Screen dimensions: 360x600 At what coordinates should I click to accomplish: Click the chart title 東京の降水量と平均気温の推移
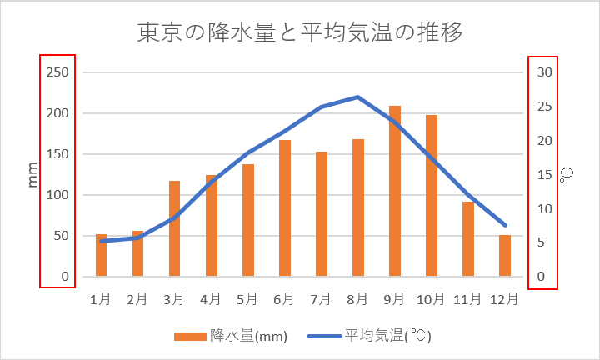click(300, 33)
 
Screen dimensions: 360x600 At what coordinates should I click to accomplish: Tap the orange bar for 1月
click(102, 256)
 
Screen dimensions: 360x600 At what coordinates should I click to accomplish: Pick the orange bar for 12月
click(505, 256)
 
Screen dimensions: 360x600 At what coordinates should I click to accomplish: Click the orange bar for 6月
click(285, 208)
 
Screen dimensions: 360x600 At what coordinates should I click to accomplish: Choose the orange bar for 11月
click(468, 239)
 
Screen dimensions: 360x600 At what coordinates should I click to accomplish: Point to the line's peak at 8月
click(357, 97)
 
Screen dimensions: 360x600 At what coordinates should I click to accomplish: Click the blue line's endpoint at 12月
click(505, 225)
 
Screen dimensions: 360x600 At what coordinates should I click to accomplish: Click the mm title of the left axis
click(33, 175)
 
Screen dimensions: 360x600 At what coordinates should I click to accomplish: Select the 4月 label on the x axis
click(211, 297)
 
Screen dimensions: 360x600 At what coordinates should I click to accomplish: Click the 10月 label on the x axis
click(431, 297)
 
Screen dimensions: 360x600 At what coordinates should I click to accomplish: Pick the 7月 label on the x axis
click(321, 297)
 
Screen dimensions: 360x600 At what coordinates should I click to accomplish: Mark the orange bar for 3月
click(175, 229)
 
